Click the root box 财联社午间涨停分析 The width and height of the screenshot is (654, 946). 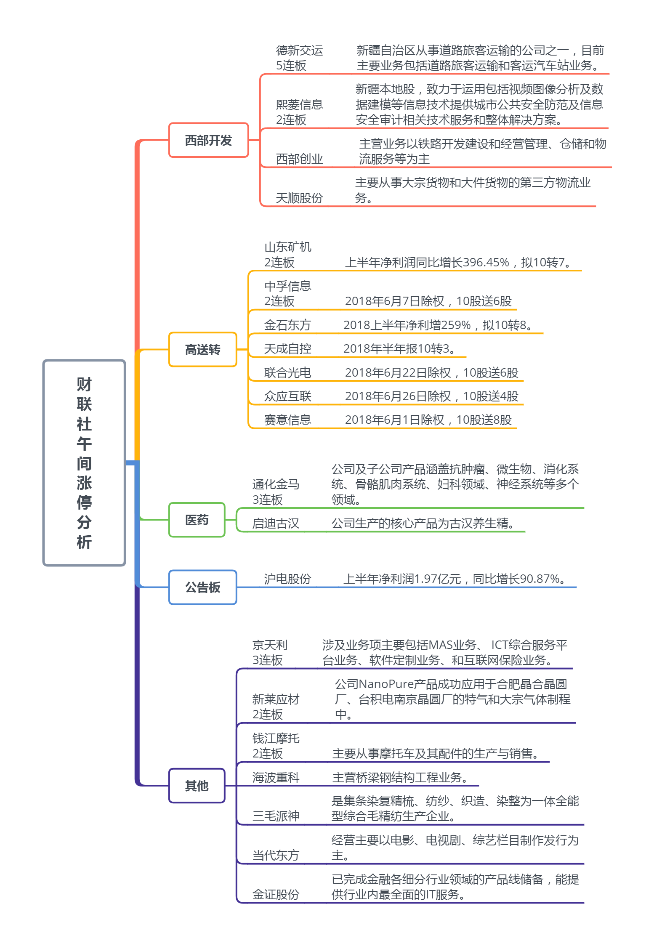click(x=84, y=462)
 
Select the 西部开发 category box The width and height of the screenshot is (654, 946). click(x=209, y=140)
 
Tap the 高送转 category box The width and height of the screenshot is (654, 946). click(x=203, y=349)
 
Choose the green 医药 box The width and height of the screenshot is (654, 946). click(x=197, y=520)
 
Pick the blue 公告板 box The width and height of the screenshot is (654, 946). click(x=203, y=587)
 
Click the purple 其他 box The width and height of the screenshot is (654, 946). click(x=197, y=785)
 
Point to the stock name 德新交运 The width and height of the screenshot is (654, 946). click(x=300, y=50)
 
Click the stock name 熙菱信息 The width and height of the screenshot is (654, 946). click(x=300, y=104)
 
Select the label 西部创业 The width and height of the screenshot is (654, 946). click(x=300, y=159)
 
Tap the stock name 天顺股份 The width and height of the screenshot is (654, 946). click(x=300, y=198)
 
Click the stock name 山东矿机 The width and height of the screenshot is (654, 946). click(x=288, y=247)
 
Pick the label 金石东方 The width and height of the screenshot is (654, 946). click(x=288, y=325)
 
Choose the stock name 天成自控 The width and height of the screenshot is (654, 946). click(x=288, y=348)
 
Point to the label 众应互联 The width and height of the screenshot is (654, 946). click(x=288, y=396)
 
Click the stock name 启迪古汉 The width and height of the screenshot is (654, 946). click(x=276, y=523)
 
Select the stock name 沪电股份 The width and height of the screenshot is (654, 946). click(x=288, y=579)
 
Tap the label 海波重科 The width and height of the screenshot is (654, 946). click(x=276, y=777)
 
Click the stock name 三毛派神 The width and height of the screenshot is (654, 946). click(x=276, y=816)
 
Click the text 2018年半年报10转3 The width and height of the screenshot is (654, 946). click(x=399, y=348)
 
